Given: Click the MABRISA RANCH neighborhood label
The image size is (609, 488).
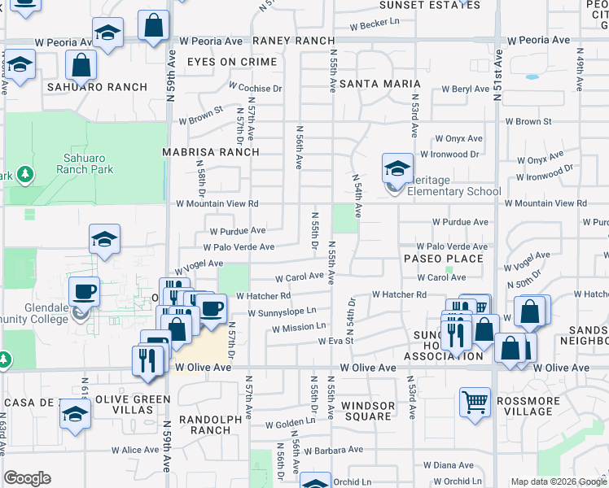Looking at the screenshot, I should [211, 152].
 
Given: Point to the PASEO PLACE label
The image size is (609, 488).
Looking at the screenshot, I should [444, 259].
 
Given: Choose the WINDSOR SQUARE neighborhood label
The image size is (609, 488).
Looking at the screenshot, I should [366, 411].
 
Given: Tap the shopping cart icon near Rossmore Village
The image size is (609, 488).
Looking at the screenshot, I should [475, 401].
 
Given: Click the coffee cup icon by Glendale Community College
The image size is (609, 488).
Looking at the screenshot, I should [84, 290].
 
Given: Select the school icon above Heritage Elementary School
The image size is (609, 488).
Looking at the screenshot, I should [397, 168].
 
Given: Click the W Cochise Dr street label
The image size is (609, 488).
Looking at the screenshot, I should [255, 87].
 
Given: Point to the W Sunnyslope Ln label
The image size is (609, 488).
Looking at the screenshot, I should [282, 312].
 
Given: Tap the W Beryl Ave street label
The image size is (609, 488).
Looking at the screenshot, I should [466, 89].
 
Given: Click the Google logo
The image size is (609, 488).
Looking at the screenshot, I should [27, 479].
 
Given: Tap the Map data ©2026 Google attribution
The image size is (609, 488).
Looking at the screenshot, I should [558, 481].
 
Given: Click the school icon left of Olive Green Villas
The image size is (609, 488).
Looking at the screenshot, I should [75, 414].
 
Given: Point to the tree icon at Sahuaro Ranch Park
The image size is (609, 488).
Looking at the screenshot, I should [25, 174].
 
